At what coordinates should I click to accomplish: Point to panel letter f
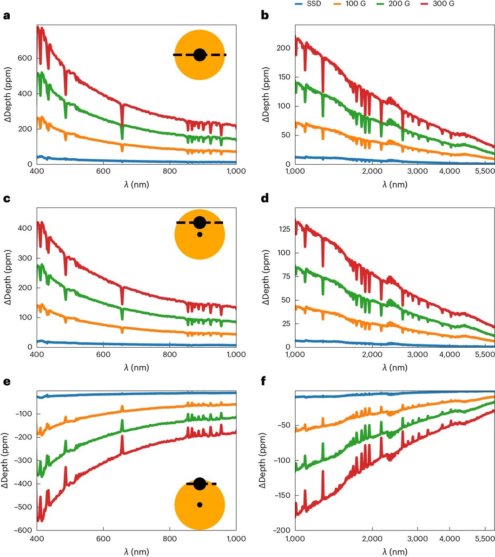tap(264, 382)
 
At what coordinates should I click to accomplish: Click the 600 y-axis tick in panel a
tap(26, 58)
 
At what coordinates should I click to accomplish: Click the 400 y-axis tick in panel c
tap(26, 228)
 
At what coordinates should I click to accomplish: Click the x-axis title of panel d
tap(395, 368)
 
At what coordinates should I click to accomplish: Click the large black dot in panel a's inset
tap(199, 55)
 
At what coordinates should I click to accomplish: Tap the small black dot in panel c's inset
tap(199, 234)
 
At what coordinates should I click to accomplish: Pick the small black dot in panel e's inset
tap(199, 505)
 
